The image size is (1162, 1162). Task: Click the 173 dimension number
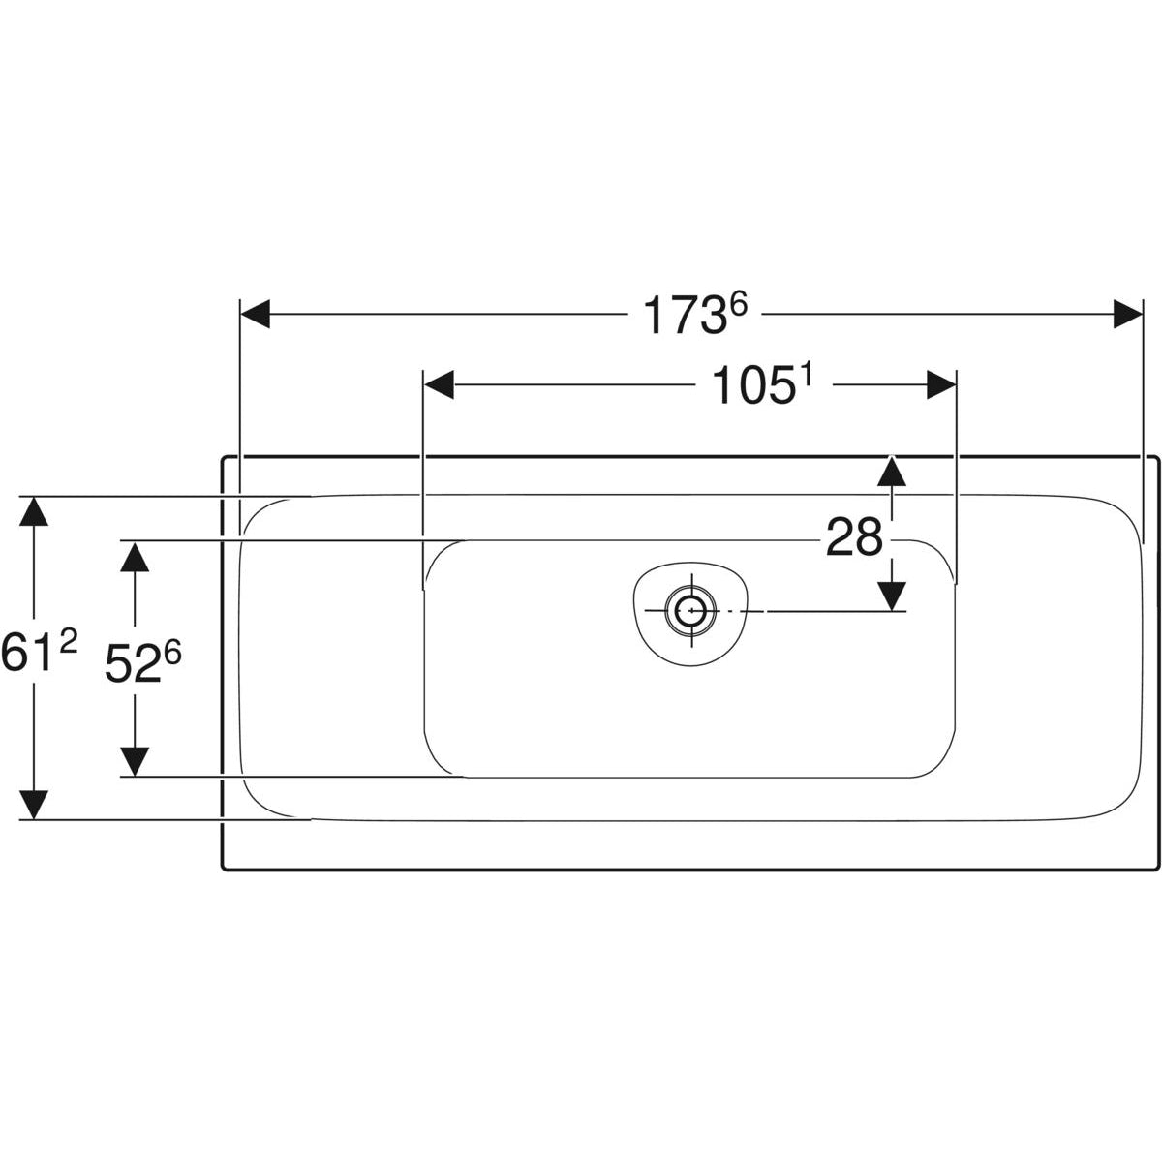[684, 316]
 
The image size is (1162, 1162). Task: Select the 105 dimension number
[751, 386]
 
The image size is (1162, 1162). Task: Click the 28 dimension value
[854, 537]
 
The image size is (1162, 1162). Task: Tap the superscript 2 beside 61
[69, 643]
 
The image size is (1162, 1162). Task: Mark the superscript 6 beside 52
[171, 653]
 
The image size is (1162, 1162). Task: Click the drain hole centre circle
[690, 611]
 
